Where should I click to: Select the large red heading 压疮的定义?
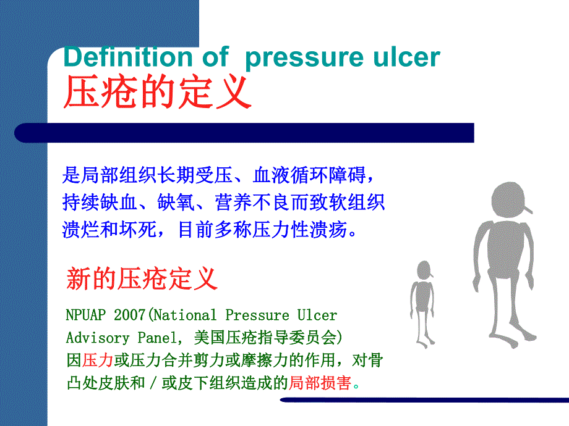pyautogui.click(x=158, y=93)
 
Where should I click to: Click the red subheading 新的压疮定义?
pyautogui.click(x=142, y=279)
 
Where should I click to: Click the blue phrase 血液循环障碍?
pyautogui.click(x=310, y=176)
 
